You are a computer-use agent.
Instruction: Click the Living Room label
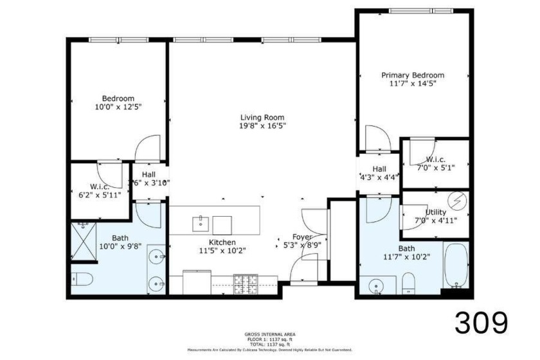(x=262, y=118)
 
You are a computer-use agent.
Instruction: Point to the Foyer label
(x=302, y=237)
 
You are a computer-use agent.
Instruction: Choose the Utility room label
(x=436, y=212)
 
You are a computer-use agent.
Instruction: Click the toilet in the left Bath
(x=82, y=279)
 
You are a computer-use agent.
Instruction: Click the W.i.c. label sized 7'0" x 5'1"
(x=436, y=159)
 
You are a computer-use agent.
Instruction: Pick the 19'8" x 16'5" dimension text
(x=262, y=127)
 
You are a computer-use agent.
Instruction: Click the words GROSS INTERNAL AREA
(x=269, y=334)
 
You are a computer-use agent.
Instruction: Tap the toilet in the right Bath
(x=409, y=283)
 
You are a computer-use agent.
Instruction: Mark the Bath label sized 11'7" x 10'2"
(x=406, y=248)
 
